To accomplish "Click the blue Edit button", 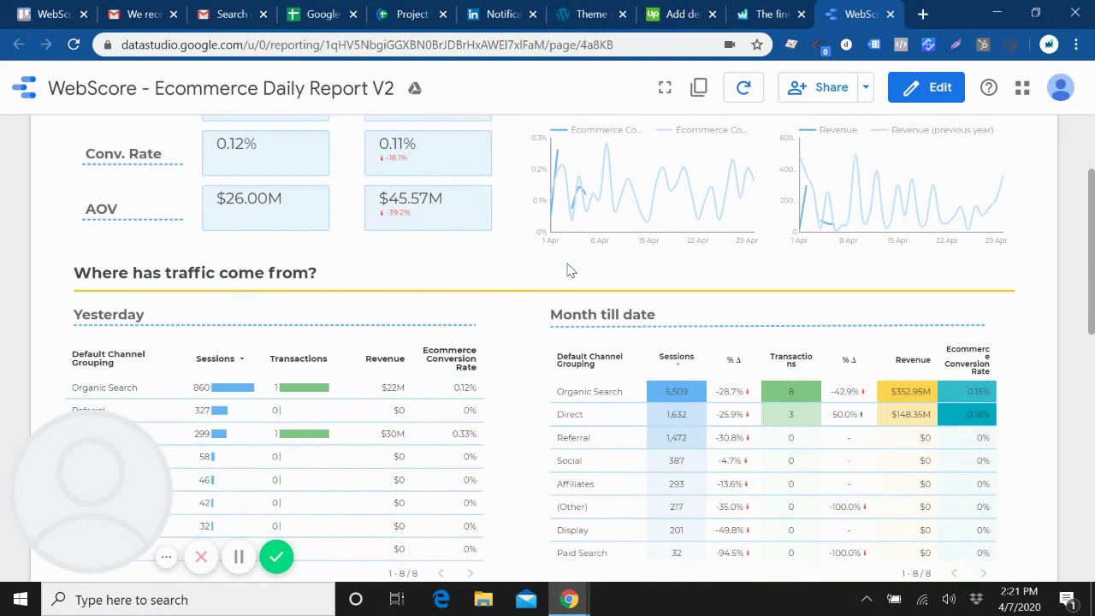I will (x=926, y=87).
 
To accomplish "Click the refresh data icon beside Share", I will (x=743, y=87).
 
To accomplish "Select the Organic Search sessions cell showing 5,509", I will (x=676, y=392).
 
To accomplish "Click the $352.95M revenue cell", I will (x=909, y=392).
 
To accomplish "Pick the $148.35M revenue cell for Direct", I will (x=909, y=415).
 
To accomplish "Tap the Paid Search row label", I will (x=582, y=554).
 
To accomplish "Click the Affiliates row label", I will (x=575, y=484).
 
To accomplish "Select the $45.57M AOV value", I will (x=411, y=198).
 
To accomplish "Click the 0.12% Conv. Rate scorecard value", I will (x=236, y=144).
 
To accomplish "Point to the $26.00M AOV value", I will (x=249, y=198).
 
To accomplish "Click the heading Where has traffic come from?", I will (x=195, y=273).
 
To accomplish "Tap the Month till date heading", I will (x=602, y=315).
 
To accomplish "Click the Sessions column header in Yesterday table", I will (x=216, y=359).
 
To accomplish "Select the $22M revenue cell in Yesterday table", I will (x=393, y=388).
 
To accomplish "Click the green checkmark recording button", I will (x=276, y=558).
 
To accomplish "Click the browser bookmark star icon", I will (x=756, y=44).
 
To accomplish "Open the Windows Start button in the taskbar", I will (x=21, y=600).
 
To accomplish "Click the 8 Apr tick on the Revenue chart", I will (x=848, y=241).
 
